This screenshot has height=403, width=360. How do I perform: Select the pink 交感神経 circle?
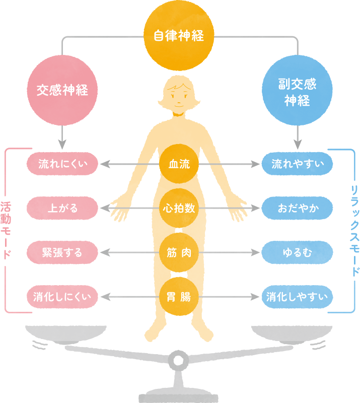pos(62,91)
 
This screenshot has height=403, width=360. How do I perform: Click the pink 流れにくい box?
pos(62,164)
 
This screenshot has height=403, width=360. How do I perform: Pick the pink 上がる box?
pos(62,208)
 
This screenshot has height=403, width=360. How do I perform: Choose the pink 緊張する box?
pos(62,251)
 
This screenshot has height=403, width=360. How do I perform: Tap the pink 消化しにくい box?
pos(62,296)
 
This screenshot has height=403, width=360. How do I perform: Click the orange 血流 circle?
pos(179,164)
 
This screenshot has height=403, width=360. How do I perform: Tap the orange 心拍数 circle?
pos(179,208)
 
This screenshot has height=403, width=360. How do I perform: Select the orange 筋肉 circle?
pos(179,252)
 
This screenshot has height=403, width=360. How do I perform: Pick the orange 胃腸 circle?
pos(179,296)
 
